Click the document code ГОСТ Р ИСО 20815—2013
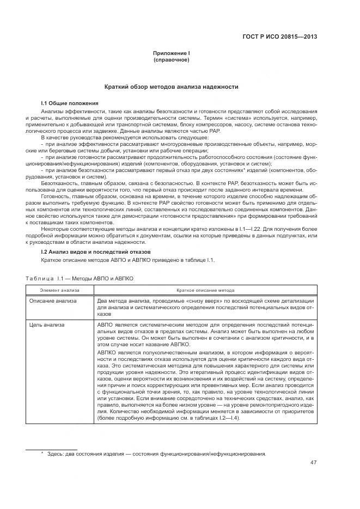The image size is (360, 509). click(279, 37)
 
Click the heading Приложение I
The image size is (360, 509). click(172, 53)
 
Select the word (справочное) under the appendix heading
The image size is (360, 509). click(172, 59)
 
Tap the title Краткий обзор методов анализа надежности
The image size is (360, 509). click(172, 87)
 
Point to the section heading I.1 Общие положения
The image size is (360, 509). click(70, 102)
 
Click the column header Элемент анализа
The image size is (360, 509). click(59, 291)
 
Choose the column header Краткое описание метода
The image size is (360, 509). click(205, 291)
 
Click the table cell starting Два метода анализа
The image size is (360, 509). click(205, 308)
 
